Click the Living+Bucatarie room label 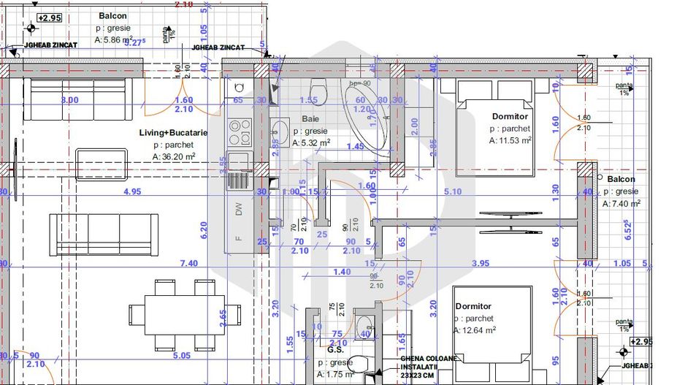pyautogui.click(x=174, y=133)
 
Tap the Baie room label pyautogui.click(x=310, y=118)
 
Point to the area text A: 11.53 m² pyautogui.click(x=510, y=141)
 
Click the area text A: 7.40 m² pyautogui.click(x=621, y=204)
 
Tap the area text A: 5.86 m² pyautogui.click(x=114, y=41)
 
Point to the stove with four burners pyautogui.click(x=239, y=131)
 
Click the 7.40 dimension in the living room pyautogui.click(x=188, y=264)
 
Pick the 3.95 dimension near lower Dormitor pyautogui.click(x=481, y=264)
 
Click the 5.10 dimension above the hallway pyautogui.click(x=452, y=193)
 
